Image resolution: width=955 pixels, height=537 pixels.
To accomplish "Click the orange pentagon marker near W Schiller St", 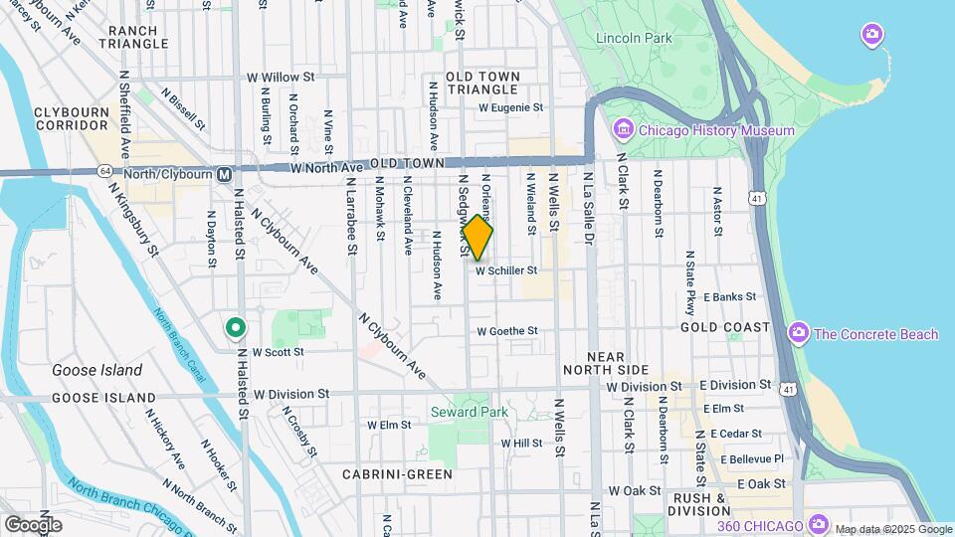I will pyautogui.click(x=477, y=238).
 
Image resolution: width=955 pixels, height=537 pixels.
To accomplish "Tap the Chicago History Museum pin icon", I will pyautogui.click(x=624, y=130).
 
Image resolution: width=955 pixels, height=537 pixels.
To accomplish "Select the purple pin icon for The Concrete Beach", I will pyautogui.click(x=798, y=333).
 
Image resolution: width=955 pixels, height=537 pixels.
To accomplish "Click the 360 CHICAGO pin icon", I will pyautogui.click(x=819, y=524).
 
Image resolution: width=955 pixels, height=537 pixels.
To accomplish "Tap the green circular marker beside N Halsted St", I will pyautogui.click(x=235, y=326).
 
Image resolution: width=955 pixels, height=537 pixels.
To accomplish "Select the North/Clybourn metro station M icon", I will pyautogui.click(x=225, y=174).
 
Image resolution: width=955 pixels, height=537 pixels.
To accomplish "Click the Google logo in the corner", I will pyautogui.click(x=33, y=524).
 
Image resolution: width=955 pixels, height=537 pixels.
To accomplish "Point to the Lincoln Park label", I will pyautogui.click(x=634, y=39).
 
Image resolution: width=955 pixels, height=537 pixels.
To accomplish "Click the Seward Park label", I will pyautogui.click(x=469, y=412).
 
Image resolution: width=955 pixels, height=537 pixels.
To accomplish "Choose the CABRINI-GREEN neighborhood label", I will pyautogui.click(x=398, y=474).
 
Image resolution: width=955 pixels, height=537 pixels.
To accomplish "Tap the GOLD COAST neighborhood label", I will pyautogui.click(x=725, y=327).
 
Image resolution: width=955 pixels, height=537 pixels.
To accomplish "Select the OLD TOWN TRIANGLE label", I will pyautogui.click(x=482, y=83).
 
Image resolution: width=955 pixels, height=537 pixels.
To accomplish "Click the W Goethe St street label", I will pyautogui.click(x=507, y=331).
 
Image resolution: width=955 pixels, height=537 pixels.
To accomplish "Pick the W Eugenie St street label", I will pyautogui.click(x=511, y=107).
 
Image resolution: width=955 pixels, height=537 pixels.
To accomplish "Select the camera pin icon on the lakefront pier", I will pyautogui.click(x=871, y=36).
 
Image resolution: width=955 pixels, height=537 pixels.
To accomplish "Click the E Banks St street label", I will pyautogui.click(x=729, y=296).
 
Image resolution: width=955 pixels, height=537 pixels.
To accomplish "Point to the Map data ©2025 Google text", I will pyautogui.click(x=892, y=529).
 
